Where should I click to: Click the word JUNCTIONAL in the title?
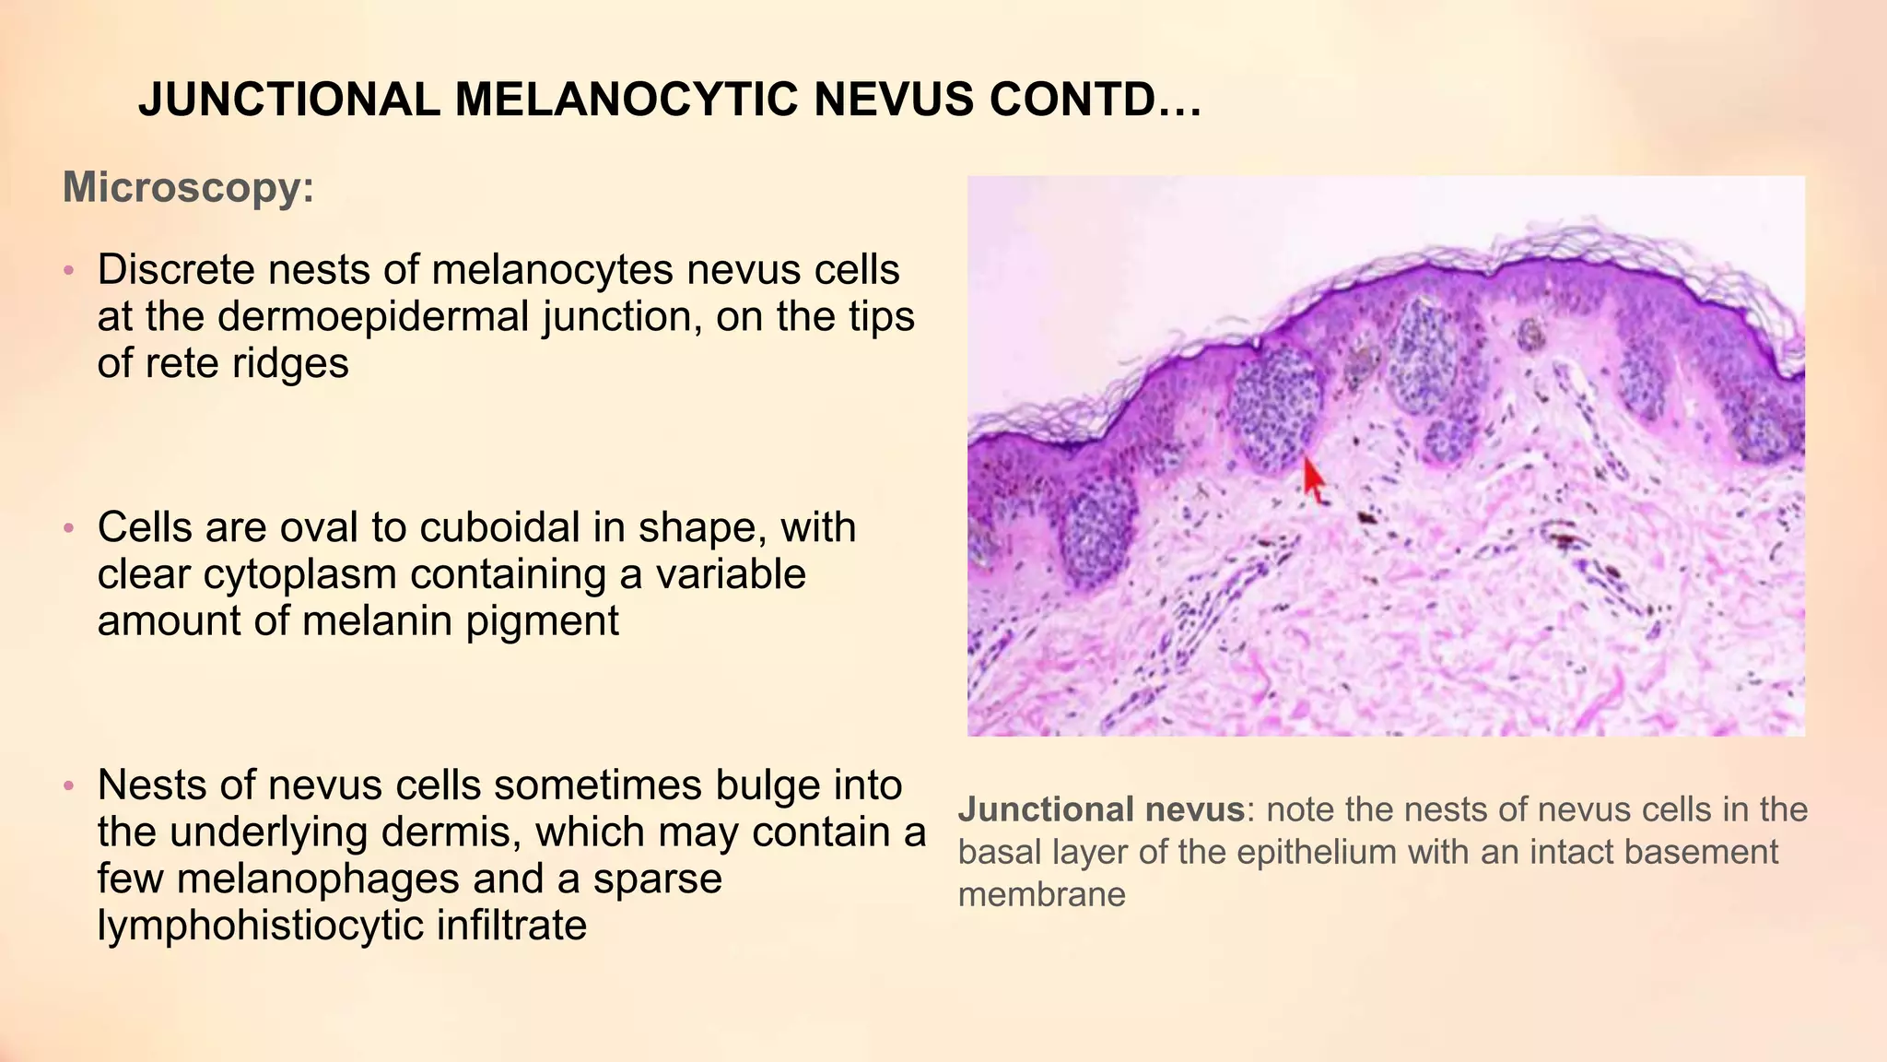point(288,100)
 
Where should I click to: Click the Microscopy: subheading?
point(189,188)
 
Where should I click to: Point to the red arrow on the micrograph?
point(1313,479)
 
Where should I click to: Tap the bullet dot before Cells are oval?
point(68,529)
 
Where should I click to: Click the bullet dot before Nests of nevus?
point(68,786)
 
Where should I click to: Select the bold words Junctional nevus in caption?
point(1101,809)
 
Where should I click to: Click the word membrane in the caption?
point(1041,894)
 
